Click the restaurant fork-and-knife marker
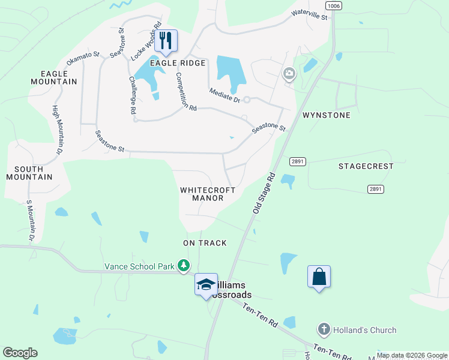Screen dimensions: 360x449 point(166,41)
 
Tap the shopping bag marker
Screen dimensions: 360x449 point(319,277)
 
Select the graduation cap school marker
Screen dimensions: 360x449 point(206,284)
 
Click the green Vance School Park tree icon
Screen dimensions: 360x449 point(184,265)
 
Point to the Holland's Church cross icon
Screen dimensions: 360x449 point(323,329)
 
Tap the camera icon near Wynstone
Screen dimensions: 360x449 point(289,74)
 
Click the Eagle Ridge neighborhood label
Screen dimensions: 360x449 point(178,63)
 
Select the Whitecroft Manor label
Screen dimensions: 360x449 point(208,194)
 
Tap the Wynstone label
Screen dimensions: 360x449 point(326,115)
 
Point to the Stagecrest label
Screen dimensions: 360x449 point(366,166)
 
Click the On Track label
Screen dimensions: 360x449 point(205,243)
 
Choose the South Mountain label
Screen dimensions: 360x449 point(29,173)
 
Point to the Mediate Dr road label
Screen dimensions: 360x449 point(224,95)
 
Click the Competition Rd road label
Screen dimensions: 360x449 point(185,92)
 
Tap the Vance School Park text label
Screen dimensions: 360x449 point(139,266)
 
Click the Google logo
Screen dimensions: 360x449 point(20,353)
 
